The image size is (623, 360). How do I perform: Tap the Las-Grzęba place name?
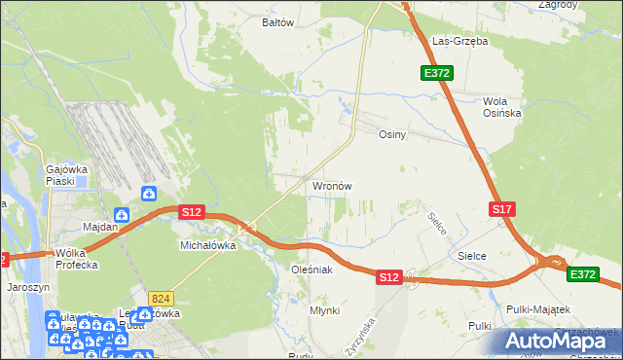tap(460, 42)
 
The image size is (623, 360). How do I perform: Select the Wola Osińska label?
tap(502, 107)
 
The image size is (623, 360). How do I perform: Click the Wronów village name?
tap(331, 185)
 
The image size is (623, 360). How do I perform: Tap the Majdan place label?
tap(100, 227)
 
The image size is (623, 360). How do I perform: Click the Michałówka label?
tap(208, 246)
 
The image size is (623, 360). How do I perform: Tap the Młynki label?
tap(324, 310)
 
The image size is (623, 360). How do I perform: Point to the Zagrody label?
tap(556, 5)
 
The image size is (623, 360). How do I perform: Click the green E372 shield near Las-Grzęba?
tap(434, 73)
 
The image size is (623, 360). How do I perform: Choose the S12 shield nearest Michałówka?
tap(191, 212)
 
